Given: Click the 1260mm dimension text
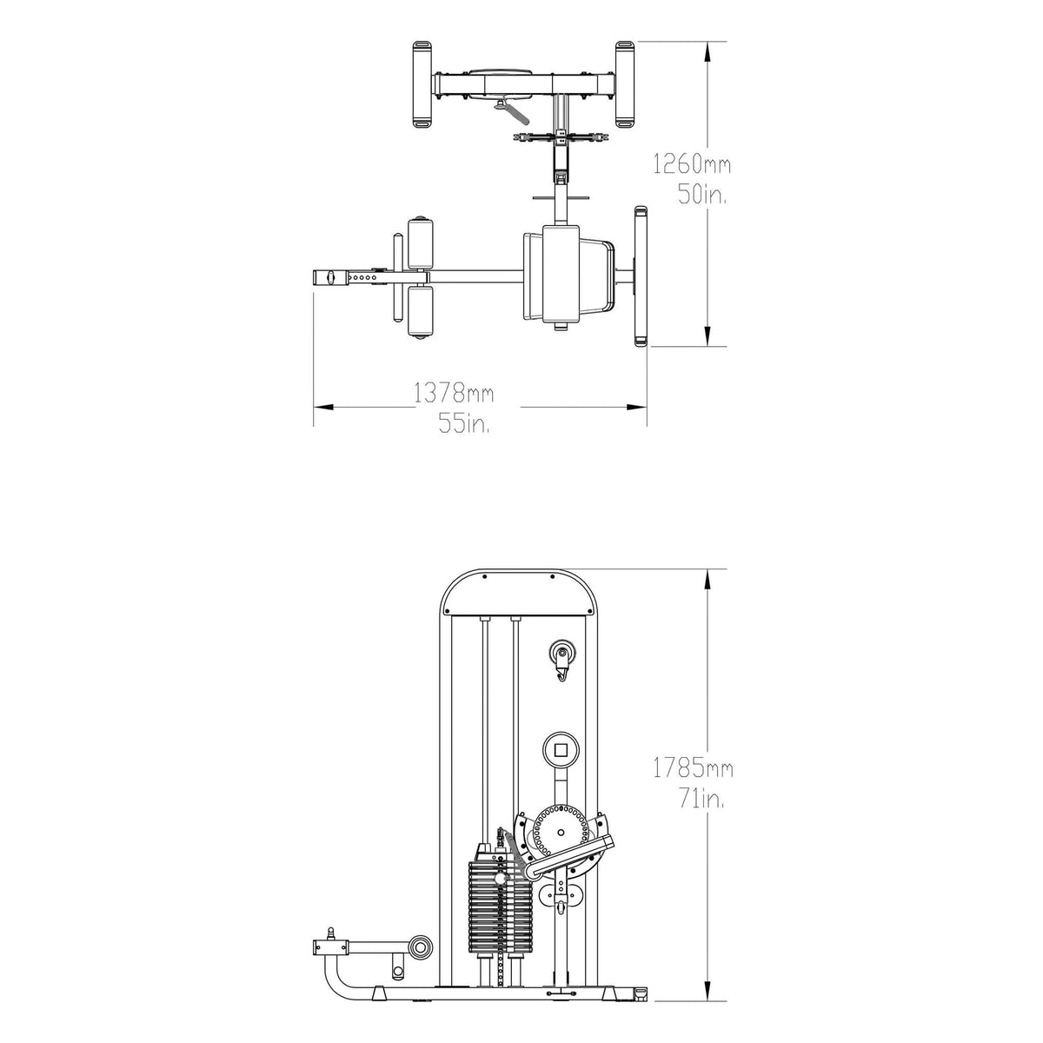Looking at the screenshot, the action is tap(692, 164).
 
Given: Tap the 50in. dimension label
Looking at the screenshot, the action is tap(702, 195).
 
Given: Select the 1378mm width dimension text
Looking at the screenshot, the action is tap(454, 393).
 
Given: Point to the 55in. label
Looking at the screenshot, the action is tap(464, 422).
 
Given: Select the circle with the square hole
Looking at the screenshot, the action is tap(561, 749).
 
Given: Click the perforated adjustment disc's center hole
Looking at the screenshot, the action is tap(561, 832).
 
